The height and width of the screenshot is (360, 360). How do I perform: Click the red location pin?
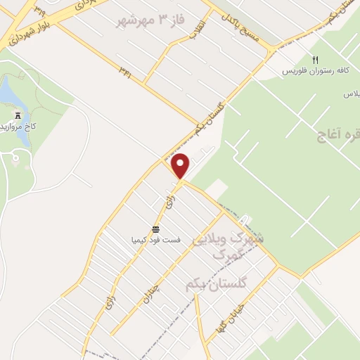[x=181, y=165]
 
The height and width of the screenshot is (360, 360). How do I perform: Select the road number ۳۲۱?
[x=125, y=72]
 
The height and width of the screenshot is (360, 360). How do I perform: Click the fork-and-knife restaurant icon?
[x=315, y=60]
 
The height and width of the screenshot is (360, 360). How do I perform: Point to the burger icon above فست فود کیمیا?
[x=156, y=229]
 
